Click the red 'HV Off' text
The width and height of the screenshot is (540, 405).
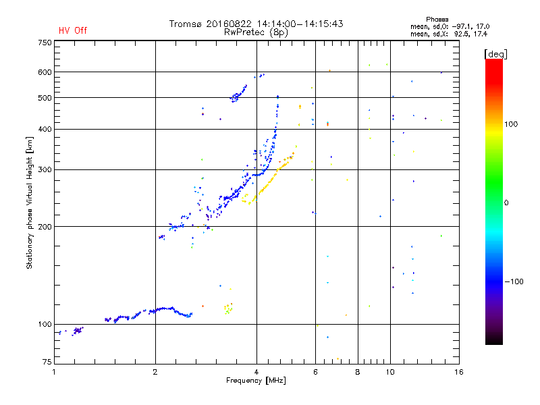click(x=73, y=30)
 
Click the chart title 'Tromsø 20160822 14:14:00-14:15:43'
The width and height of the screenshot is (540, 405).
click(x=256, y=24)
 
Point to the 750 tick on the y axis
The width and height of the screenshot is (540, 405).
click(x=45, y=43)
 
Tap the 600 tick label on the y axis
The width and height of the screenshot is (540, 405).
click(x=45, y=72)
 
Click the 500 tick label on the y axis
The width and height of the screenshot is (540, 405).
click(x=45, y=98)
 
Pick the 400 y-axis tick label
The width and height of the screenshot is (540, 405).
click(x=45, y=129)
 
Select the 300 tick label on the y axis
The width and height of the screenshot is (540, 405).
click(x=45, y=169)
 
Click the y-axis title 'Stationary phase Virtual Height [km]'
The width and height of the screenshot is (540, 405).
click(x=30, y=203)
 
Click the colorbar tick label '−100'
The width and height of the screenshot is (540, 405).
click(x=516, y=281)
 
